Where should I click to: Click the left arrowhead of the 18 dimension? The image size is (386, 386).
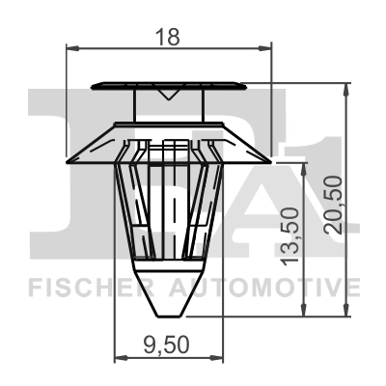click(x=70, y=45)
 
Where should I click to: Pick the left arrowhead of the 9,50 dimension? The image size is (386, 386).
click(x=119, y=357)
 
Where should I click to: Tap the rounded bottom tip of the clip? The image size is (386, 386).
click(x=170, y=312)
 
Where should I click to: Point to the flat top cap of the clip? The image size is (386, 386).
click(x=171, y=82)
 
